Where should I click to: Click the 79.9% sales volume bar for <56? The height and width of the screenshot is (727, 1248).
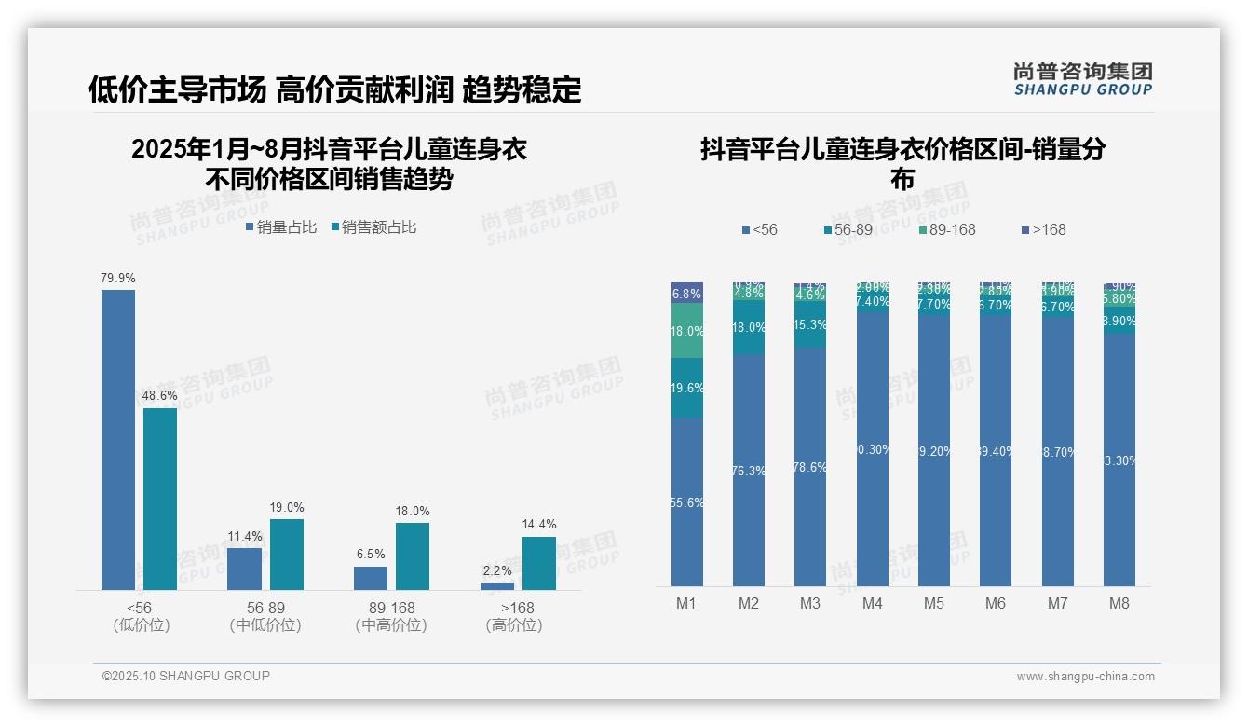click(118, 439)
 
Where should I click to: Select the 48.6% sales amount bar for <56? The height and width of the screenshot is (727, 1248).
click(160, 499)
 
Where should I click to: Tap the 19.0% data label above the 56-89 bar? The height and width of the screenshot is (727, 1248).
click(287, 508)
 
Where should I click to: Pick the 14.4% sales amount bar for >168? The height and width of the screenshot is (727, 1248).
click(538, 563)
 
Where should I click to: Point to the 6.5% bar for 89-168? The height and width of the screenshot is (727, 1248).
click(371, 578)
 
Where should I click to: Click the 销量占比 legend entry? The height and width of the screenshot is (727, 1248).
click(281, 227)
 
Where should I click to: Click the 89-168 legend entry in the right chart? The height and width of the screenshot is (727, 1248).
click(946, 229)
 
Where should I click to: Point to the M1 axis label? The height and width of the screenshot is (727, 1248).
click(686, 603)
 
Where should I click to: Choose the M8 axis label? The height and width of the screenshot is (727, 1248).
click(1119, 603)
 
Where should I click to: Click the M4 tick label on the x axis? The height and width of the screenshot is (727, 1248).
click(872, 603)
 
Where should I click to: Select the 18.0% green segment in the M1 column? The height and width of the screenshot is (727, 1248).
click(687, 331)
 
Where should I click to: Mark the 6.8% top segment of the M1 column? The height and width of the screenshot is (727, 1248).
click(687, 293)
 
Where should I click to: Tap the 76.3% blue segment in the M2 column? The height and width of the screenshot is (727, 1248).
click(749, 471)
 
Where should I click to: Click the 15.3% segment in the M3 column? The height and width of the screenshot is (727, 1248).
click(810, 324)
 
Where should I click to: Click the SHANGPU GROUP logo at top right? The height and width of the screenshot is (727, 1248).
click(1083, 79)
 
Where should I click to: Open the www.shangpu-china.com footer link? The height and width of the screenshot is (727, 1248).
click(1085, 677)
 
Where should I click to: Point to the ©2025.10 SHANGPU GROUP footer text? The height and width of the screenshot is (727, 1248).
click(186, 676)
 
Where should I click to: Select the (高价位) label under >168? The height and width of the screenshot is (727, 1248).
click(514, 625)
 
